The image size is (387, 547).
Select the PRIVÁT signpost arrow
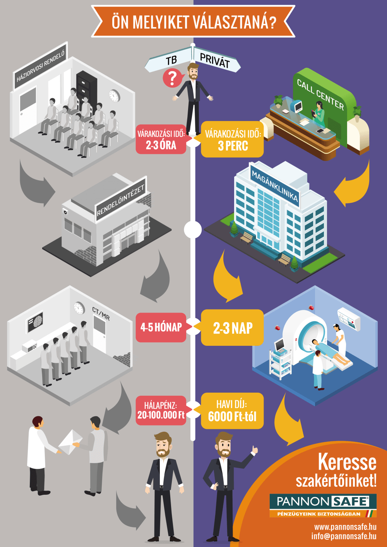click(x=215, y=60)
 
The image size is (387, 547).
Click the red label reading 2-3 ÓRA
click(x=161, y=140)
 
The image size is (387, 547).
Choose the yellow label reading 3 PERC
click(x=232, y=140)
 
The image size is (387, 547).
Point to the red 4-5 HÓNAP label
click(x=161, y=328)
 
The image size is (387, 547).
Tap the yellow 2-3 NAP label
click(x=232, y=328)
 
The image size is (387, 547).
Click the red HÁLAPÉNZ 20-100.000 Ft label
click(x=161, y=411)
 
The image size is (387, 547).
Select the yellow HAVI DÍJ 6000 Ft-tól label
click(x=232, y=411)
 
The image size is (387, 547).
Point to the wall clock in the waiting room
click(x=114, y=96)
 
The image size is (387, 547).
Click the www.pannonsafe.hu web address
click(x=345, y=526)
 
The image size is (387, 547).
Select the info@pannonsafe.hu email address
click(x=344, y=536)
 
